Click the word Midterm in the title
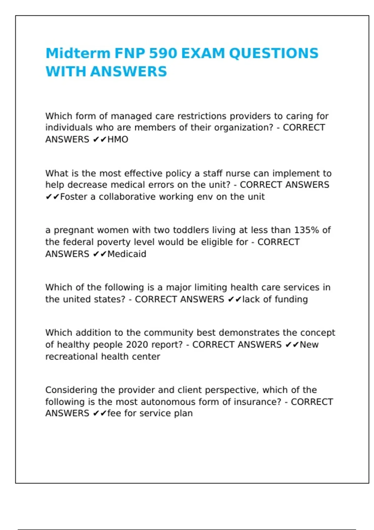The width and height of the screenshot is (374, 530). (78, 53)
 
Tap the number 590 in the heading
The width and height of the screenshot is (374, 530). (162, 53)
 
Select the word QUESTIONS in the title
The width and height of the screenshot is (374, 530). (274, 53)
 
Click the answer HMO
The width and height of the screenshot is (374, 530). (118, 139)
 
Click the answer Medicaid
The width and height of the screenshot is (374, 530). (127, 254)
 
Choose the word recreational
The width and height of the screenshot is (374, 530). (71, 356)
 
